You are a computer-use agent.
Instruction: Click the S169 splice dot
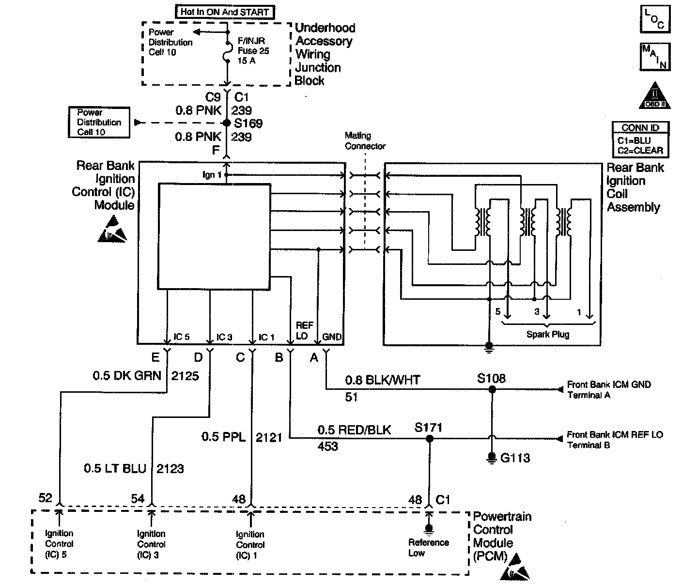226,123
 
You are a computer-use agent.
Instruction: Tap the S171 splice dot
429,439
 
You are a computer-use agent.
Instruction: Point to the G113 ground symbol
492,457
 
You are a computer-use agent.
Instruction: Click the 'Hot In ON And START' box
225,12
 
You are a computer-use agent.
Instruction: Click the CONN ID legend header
640,128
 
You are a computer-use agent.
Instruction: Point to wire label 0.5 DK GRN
127,376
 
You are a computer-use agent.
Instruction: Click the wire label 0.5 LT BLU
115,469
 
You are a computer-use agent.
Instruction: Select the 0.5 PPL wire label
223,437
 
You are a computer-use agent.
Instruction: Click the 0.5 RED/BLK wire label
354,430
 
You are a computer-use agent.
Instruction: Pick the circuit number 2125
185,376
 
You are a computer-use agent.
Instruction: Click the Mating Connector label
365,141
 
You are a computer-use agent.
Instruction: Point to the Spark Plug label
548,334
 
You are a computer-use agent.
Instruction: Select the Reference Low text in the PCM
428,548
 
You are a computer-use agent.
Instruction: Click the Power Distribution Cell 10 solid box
99,122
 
